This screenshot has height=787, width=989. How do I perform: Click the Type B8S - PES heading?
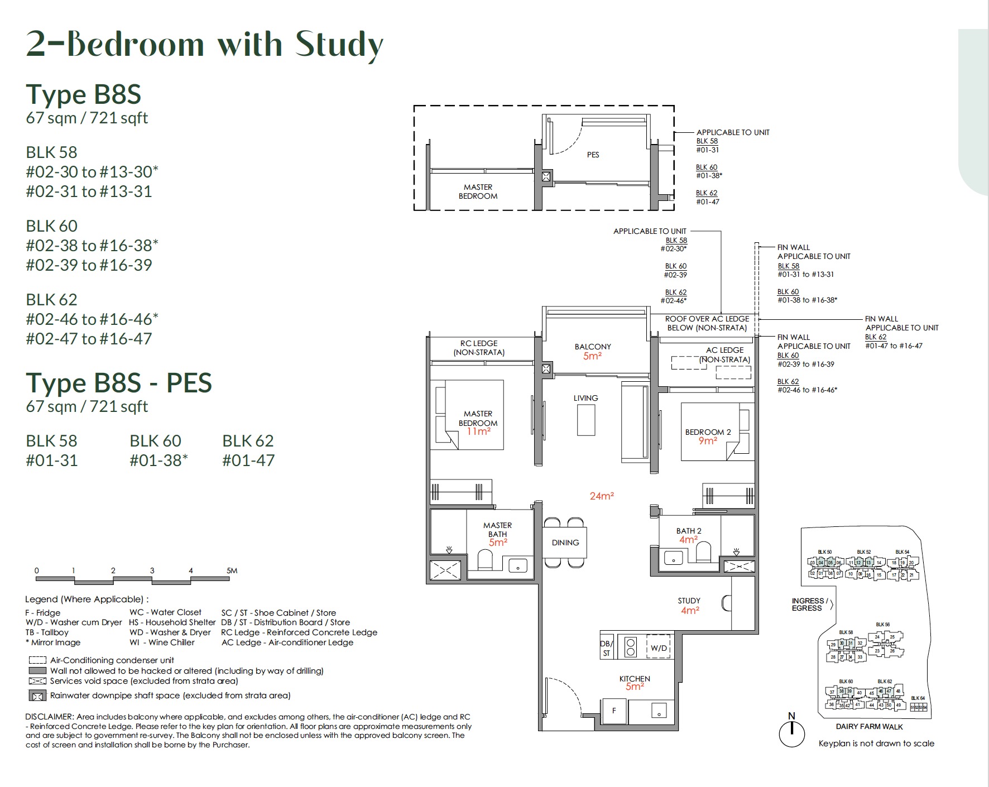(x=119, y=383)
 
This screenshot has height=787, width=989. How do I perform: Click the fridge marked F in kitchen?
(x=614, y=711)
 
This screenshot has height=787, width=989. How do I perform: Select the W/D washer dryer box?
(x=659, y=647)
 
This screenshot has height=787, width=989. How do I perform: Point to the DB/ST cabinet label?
(x=607, y=647)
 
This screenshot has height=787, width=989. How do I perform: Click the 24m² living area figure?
(x=602, y=496)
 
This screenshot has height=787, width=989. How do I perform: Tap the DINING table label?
(x=565, y=543)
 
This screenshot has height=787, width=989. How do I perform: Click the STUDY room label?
(x=689, y=601)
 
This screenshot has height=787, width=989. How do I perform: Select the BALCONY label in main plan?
(x=593, y=347)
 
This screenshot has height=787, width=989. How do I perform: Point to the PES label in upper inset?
(x=593, y=155)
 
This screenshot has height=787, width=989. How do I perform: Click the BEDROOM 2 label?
(x=708, y=432)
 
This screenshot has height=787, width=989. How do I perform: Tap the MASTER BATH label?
(x=497, y=529)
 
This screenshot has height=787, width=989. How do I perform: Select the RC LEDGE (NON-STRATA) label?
(x=479, y=348)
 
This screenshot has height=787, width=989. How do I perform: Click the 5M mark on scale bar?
(x=232, y=570)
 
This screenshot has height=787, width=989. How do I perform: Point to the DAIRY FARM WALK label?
(x=869, y=726)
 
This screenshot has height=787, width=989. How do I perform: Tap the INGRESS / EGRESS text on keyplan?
(x=808, y=604)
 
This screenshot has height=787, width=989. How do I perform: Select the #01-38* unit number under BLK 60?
(x=159, y=460)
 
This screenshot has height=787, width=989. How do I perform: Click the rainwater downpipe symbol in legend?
(x=37, y=695)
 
